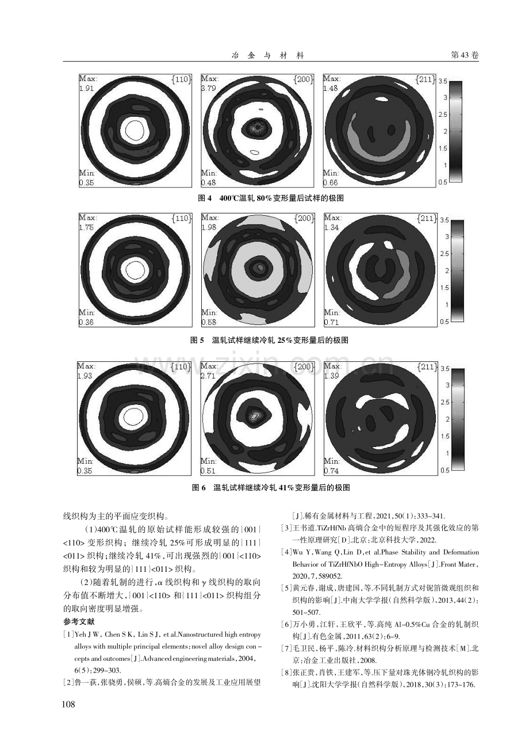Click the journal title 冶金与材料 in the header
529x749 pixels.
tap(268, 55)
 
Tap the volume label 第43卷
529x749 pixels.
tap(465, 55)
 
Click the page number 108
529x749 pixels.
tap(68, 704)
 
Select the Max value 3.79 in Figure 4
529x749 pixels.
tap(209, 88)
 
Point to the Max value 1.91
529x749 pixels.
tap(86, 88)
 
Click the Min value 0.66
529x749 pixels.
tap(331, 182)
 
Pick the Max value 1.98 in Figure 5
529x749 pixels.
tap(209, 227)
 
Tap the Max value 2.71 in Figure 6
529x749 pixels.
tap(208, 376)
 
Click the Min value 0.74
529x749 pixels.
tap(332, 471)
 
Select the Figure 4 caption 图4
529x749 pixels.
tap(205, 198)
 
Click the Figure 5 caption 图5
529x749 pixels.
tap(197, 341)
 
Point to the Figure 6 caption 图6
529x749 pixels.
tap(199, 488)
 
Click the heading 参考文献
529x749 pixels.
tap(79, 622)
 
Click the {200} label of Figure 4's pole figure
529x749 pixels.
tap(304, 79)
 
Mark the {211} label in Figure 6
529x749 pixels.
tap(427, 367)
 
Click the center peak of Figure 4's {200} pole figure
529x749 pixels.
tap(258, 127)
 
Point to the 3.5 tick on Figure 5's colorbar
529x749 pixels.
tap(444, 220)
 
